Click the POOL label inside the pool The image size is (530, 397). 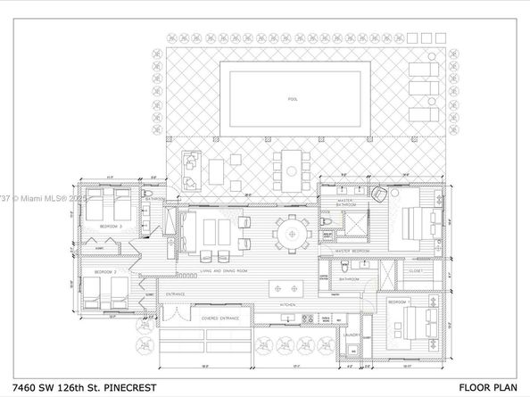click(293, 98)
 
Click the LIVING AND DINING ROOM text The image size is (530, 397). click(210, 270)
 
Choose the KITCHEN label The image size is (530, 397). click(287, 305)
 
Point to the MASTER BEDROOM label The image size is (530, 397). click(354, 252)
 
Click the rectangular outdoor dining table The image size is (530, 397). click(289, 167)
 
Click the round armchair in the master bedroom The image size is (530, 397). click(382, 194)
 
